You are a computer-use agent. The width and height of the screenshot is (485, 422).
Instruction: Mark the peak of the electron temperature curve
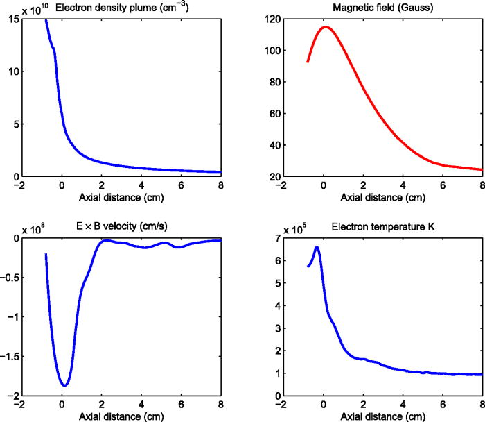[317, 246]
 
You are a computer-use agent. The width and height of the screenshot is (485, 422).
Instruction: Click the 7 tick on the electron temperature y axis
[275, 237]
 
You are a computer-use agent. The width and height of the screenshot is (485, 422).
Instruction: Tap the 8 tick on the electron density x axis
[221, 186]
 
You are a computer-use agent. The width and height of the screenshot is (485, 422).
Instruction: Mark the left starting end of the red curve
[308, 62]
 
